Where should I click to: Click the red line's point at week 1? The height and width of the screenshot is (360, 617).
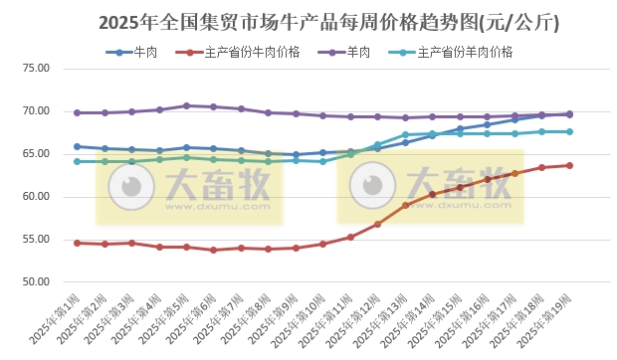[78, 243]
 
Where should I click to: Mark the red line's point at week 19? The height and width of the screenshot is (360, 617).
[569, 165]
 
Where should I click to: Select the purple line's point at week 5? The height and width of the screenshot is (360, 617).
[186, 105]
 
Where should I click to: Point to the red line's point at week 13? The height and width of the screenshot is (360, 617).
[405, 206]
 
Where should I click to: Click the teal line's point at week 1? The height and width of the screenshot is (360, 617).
[78, 161]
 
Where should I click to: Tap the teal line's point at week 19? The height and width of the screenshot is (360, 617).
[569, 131]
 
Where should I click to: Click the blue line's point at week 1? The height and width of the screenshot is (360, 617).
[78, 146]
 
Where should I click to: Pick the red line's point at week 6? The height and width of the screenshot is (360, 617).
[214, 250]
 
